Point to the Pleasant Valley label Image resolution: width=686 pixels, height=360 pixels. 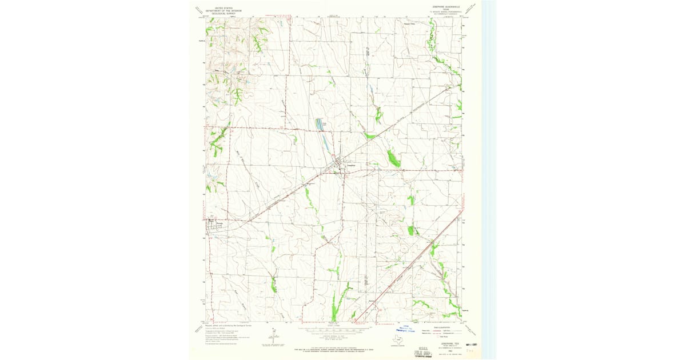click(424, 24)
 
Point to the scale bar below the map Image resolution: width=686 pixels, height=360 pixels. click(334, 330)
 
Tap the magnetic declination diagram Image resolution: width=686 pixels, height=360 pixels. click(269, 337)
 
